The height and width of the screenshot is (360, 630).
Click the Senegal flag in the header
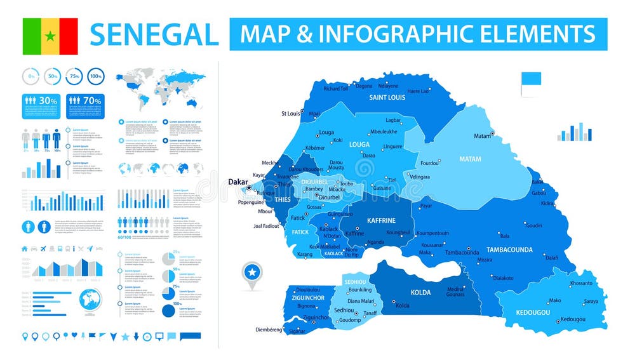[50, 36]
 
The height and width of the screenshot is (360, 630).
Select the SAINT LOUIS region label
[388, 98]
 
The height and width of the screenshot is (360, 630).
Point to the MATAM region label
[470, 159]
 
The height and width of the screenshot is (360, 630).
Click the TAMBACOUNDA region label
[509, 250]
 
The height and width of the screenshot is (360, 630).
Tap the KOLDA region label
[420, 293]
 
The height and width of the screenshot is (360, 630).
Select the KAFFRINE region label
[381, 220]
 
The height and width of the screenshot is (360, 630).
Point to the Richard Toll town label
[336, 89]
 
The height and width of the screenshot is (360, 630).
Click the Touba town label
[346, 183]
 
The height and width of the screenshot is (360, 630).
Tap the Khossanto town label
[581, 283]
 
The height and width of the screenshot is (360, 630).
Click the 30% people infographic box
[41, 106]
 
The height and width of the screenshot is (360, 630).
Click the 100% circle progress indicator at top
[95, 76]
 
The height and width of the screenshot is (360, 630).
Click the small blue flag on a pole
[530, 81]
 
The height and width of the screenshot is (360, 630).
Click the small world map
[161, 90]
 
